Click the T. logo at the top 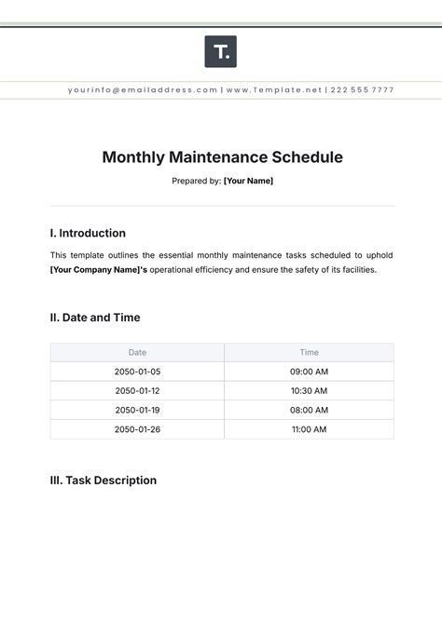pos(220,51)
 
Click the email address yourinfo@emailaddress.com pos(143,90)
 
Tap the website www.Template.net pos(273,90)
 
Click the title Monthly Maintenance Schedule pos(221,157)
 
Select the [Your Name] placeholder pos(248,181)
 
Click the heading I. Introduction pos(88,233)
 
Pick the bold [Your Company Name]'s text pos(99,269)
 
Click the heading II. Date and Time pos(95,317)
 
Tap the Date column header pos(137,352)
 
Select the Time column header pos(309,352)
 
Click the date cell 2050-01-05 pos(137,372)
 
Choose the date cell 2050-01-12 pos(137,391)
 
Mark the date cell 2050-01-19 pos(137,410)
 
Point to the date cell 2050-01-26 pos(137,429)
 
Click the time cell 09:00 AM pos(309,372)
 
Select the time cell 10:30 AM pos(309,391)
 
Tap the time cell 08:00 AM pos(309,410)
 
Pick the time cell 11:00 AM pos(309,429)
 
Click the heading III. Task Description pos(103,481)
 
